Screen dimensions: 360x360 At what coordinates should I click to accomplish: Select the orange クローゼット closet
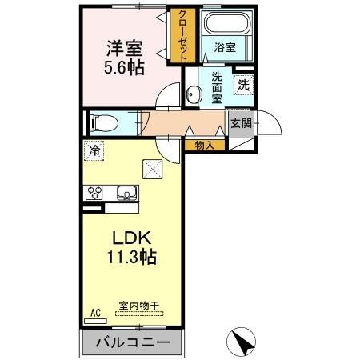(183, 36)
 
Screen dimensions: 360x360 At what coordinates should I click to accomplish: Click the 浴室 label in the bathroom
(225, 48)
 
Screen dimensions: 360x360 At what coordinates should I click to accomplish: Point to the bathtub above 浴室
(225, 23)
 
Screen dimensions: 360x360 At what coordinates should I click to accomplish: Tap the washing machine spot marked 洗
(242, 82)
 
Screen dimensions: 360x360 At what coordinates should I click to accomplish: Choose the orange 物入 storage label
(204, 145)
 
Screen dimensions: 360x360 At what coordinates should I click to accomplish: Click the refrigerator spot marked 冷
(94, 150)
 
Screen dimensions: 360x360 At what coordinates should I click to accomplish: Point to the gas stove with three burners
(96, 192)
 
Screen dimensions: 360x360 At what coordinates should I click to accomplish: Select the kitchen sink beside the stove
(126, 192)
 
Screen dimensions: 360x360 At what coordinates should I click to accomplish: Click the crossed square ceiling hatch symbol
(152, 167)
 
